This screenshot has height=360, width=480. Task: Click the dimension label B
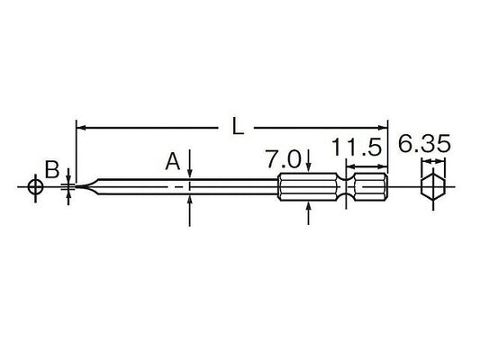point(53,168)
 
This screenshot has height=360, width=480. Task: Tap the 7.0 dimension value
point(285,161)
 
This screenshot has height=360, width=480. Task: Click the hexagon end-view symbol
point(434,190)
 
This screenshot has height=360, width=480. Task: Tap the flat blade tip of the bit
point(77,188)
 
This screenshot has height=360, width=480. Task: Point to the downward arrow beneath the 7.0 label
point(309,167)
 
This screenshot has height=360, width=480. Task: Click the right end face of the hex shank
point(387,188)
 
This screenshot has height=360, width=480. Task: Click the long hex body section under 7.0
point(306,188)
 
